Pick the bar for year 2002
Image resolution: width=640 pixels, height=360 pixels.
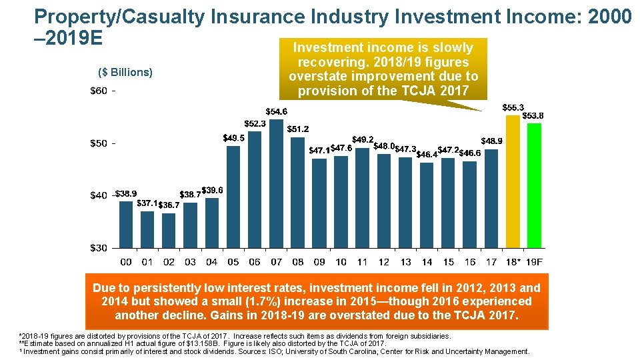pyautogui.click(x=169, y=230)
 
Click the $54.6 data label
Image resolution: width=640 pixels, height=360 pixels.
pyautogui.click(x=277, y=111)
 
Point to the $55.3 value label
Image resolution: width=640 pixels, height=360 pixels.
pyautogui.click(x=512, y=107)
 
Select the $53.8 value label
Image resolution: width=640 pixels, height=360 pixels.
pyautogui.click(x=533, y=115)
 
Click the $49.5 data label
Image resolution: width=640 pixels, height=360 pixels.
pyautogui.click(x=233, y=138)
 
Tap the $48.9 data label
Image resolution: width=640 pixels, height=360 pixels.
pyautogui.click(x=491, y=141)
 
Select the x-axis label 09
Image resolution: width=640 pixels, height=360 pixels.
pyautogui.click(x=319, y=262)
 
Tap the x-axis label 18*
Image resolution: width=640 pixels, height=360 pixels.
pyautogui.click(x=513, y=262)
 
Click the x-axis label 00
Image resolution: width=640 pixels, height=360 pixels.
pyautogui.click(x=125, y=262)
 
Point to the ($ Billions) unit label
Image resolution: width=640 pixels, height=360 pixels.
pyautogui.click(x=125, y=72)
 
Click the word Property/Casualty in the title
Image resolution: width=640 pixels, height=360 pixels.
pyautogui.click(x=119, y=17)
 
